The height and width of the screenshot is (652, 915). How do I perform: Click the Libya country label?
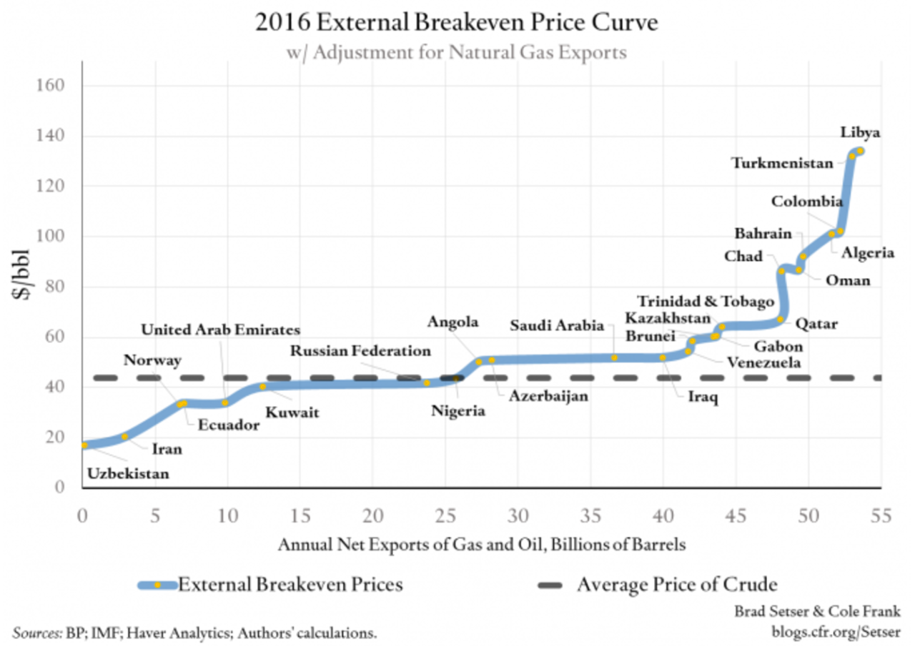860,133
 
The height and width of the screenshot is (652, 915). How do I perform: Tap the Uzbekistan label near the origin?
128,473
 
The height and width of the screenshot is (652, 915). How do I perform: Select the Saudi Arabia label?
557,326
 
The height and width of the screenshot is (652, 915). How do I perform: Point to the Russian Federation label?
360,351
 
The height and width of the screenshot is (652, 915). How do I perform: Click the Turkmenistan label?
782,163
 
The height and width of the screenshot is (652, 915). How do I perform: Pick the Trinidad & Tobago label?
706,302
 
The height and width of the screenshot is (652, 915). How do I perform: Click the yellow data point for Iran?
125,436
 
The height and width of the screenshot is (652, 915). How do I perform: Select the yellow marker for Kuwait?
262,387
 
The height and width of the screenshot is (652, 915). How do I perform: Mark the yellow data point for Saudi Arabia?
614,357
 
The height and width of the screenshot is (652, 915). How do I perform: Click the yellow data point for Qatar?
781,320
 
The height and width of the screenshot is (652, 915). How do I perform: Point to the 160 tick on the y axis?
54,86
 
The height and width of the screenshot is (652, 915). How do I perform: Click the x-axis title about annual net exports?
482,545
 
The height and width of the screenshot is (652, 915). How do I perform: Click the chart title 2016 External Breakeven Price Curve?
456,23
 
